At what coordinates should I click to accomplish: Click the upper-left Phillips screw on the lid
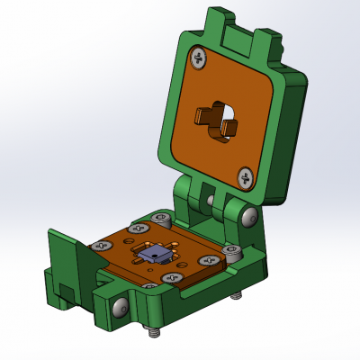(197, 59)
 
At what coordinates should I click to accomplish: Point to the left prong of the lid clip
(203, 114)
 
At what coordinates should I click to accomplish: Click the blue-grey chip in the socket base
(154, 255)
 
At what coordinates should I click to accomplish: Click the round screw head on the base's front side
(120, 308)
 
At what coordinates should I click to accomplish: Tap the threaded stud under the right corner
(236, 295)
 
